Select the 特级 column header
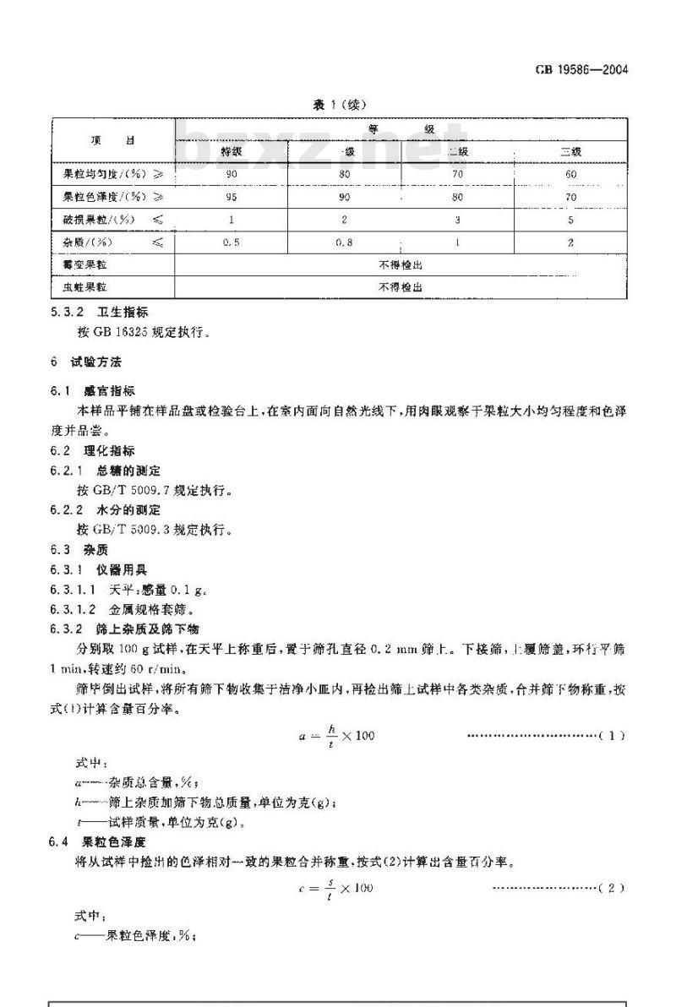[x=231, y=151]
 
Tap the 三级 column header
[x=571, y=151]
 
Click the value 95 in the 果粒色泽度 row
[x=231, y=197]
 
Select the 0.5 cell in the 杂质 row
[x=231, y=242]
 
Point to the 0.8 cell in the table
[x=344, y=242]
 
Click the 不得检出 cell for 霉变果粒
[x=401, y=265]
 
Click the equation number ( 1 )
[x=610, y=736]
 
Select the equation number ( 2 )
[x=610, y=889]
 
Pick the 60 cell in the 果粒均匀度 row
[x=571, y=174]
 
